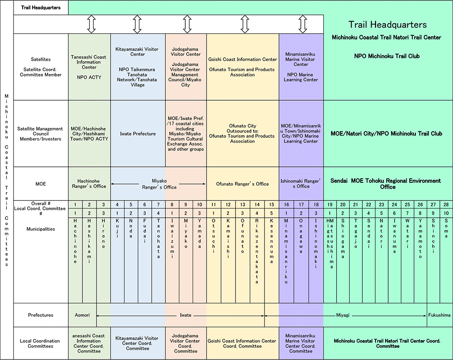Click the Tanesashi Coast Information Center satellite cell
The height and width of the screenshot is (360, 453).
click(89, 67)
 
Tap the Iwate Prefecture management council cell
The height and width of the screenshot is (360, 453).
click(138, 134)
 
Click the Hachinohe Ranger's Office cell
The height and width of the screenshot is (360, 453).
click(89, 184)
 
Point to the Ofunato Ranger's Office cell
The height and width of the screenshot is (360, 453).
click(242, 184)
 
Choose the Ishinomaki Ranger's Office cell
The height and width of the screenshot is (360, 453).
click(301, 184)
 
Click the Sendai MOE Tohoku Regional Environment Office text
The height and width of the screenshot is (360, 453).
click(386, 184)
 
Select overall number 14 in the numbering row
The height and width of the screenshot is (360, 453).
click(257, 204)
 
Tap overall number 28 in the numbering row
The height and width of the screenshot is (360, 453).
click(446, 204)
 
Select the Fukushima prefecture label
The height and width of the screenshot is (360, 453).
click(439, 315)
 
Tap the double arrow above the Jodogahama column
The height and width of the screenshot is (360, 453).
click(186, 24)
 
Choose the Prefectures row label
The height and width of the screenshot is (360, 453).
click(41, 315)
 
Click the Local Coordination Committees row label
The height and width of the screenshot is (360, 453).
click(41, 343)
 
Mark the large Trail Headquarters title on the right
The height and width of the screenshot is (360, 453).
click(387, 25)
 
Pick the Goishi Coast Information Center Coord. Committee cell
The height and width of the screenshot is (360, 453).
click(242, 343)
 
